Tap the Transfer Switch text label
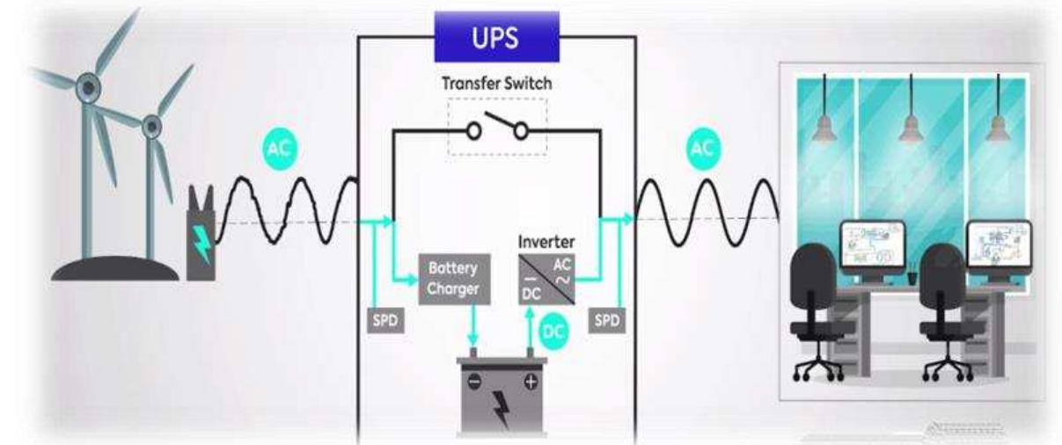497,85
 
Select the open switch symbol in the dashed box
497,129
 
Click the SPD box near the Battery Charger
385,320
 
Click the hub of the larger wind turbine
88,86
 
